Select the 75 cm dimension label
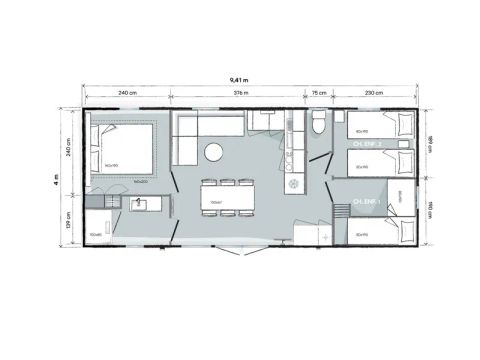pyautogui.click(x=318, y=93)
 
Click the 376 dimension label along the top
pyautogui.click(x=240, y=93)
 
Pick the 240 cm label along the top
pyautogui.click(x=127, y=93)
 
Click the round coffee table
pyautogui.click(x=214, y=152)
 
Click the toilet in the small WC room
pyautogui.click(x=318, y=124)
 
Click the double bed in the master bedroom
pyautogui.click(x=125, y=149)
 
